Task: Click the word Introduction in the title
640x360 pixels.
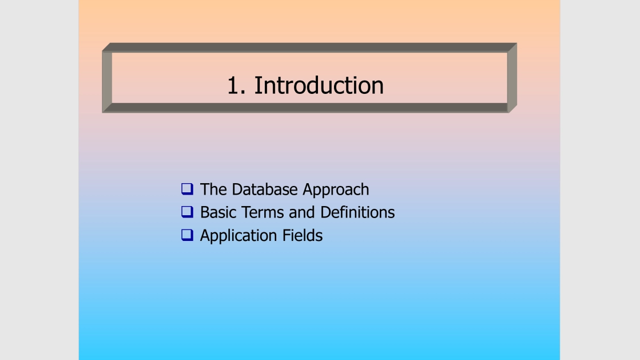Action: click(319, 85)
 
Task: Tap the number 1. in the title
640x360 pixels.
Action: click(236, 85)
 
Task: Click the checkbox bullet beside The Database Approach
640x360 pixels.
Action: click(188, 189)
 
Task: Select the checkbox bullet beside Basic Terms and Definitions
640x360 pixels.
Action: click(188, 212)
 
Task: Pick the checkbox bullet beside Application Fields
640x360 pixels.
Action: click(188, 235)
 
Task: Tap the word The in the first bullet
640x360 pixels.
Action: click(214, 189)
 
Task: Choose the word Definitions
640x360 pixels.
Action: click(357, 212)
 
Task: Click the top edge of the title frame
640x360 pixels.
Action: click(309, 48)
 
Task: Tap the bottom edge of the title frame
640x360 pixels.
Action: click(309, 108)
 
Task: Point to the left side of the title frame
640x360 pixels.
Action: click(107, 78)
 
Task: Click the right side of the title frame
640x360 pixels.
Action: click(512, 78)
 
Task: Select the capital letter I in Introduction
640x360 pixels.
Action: click(257, 85)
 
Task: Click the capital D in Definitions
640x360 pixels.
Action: click(325, 212)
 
